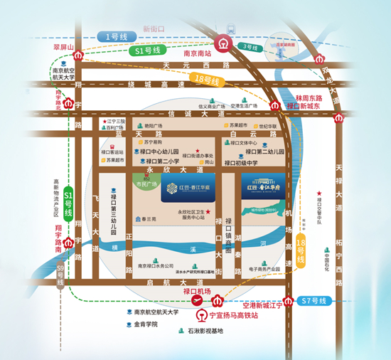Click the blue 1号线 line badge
[x=114, y=36]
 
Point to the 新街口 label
[x=154, y=28]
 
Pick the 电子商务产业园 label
[x=267, y=270]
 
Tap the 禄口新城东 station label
[x=305, y=106]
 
